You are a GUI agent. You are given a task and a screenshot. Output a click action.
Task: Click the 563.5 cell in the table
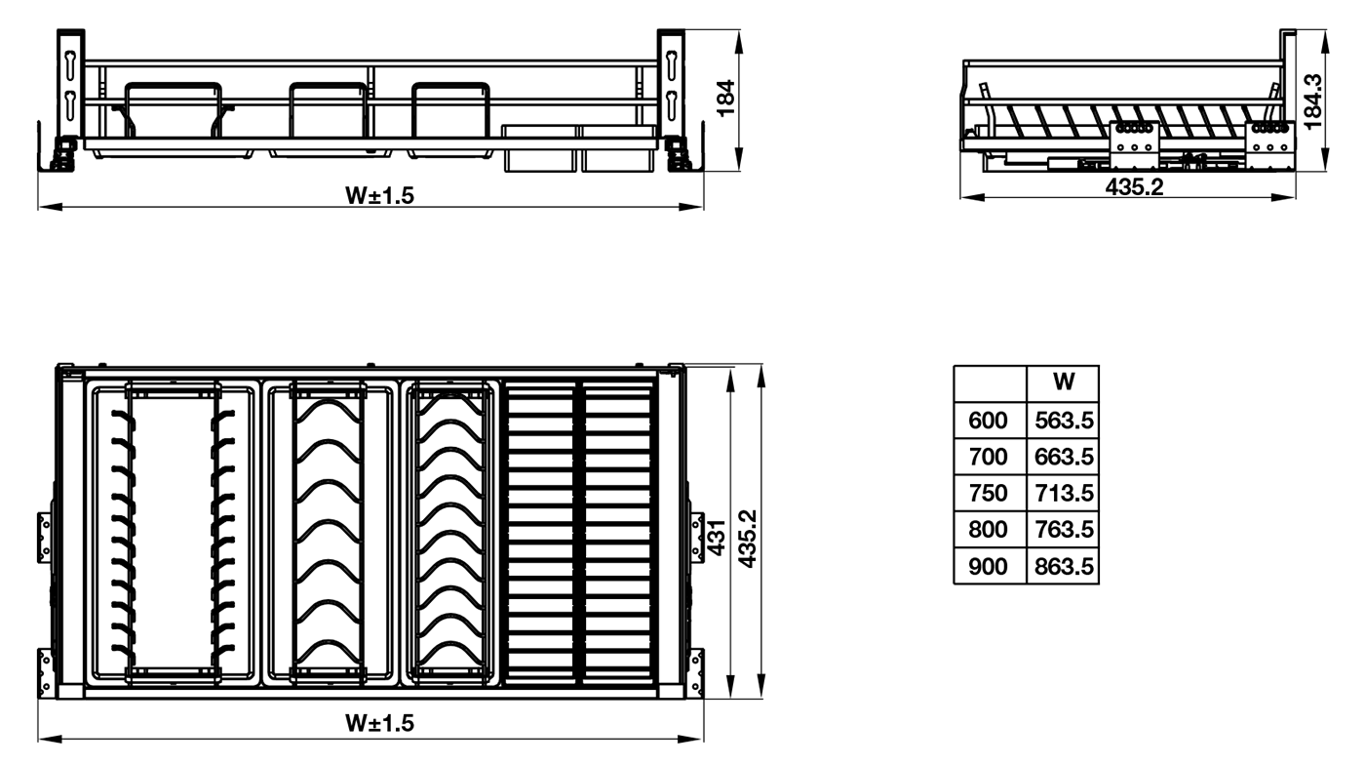[x=1064, y=421]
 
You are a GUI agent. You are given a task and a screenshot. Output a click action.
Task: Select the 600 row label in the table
[x=987, y=421]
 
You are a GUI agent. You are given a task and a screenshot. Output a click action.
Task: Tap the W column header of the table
[x=1064, y=382]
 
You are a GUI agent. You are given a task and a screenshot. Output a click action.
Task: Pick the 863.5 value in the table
[x=1064, y=567]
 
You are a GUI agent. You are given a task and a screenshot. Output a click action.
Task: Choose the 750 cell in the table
[x=987, y=493]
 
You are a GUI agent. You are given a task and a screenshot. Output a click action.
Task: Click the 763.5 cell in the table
[x=1064, y=529]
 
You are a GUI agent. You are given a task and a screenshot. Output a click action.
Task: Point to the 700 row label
[x=987, y=457]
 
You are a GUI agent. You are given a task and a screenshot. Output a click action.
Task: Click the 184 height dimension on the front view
[x=725, y=99]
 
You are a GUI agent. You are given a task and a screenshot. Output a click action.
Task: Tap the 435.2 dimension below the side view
[x=1134, y=187]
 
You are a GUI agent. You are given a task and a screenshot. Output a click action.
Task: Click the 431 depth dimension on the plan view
[x=718, y=538]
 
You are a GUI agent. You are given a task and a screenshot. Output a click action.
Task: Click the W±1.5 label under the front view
[x=379, y=196]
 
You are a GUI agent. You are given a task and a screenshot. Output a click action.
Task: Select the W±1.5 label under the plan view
[x=379, y=723]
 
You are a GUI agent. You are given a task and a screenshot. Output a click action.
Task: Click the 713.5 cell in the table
[x=1064, y=493]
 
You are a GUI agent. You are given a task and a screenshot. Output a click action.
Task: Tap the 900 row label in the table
[x=987, y=567]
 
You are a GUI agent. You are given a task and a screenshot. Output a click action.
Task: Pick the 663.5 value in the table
[x=1064, y=457]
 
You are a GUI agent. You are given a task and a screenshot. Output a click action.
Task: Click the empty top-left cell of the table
[x=991, y=383]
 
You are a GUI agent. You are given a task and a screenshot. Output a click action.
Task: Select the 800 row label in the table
[x=987, y=529]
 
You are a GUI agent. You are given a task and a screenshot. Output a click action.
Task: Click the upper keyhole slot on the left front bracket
[x=69, y=62]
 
